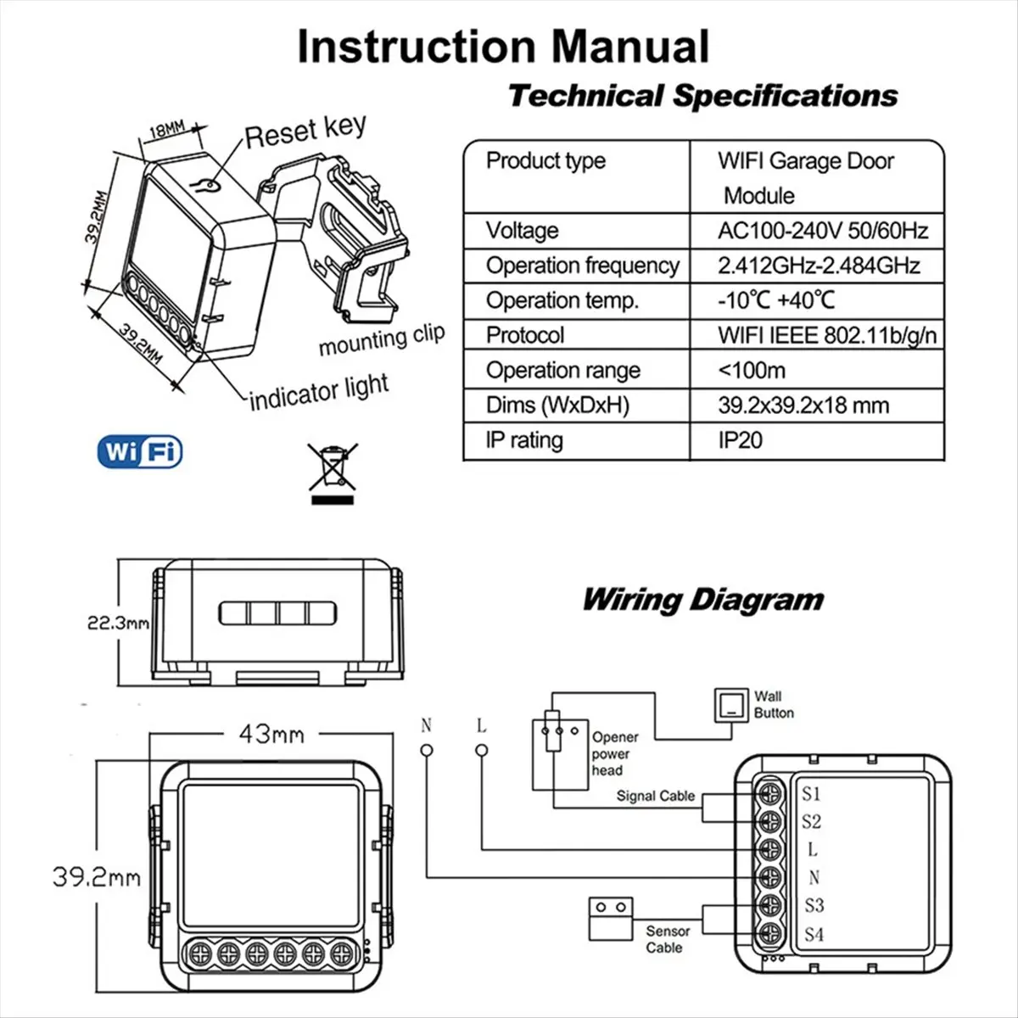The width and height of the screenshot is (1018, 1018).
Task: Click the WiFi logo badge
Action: (140, 451)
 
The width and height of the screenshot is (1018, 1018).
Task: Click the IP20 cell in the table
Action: (740, 439)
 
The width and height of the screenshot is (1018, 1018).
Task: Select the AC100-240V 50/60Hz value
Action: (822, 231)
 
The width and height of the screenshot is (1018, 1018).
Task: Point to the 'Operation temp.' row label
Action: (562, 300)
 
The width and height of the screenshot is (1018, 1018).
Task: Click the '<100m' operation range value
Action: (751, 370)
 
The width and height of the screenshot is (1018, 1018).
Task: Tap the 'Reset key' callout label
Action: (305, 131)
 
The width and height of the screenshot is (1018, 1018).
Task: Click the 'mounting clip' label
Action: (381, 338)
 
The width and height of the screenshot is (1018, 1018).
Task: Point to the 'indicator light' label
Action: (319, 392)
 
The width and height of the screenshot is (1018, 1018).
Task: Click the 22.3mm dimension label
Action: (118, 623)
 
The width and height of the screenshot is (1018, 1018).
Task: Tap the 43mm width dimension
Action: (271, 734)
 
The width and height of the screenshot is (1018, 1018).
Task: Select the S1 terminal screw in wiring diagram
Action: (770, 792)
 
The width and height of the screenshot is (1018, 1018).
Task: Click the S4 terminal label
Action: (813, 934)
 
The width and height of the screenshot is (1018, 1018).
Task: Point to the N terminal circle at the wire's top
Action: (427, 750)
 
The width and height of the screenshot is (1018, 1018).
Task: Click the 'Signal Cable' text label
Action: (655, 796)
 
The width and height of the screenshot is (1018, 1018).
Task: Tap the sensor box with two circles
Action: (611, 918)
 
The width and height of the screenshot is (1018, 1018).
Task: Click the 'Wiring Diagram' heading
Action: (702, 600)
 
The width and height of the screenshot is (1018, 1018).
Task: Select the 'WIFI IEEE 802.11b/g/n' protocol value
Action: (826, 335)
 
